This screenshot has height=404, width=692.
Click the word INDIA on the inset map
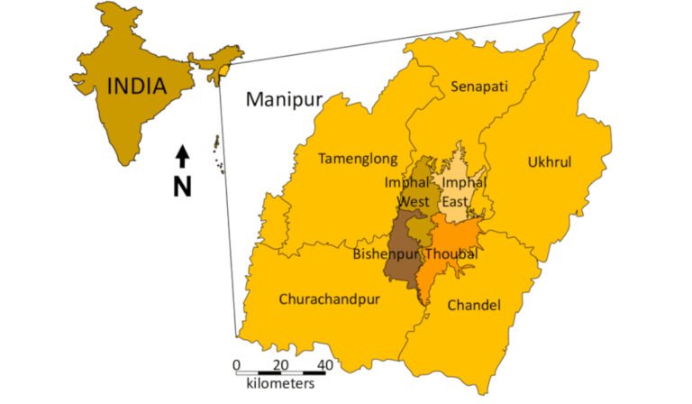click(137, 87)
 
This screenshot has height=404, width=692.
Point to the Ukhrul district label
click(549, 162)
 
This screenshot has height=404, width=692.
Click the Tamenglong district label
click(358, 159)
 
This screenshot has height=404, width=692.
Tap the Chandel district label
click(473, 305)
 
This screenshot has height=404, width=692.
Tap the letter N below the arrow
click(182, 186)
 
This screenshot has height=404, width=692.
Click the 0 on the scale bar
click(237, 364)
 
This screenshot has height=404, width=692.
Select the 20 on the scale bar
click(281, 364)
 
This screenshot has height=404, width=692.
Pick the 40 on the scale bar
click(324, 364)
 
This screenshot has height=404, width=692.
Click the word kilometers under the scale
click(280, 384)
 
